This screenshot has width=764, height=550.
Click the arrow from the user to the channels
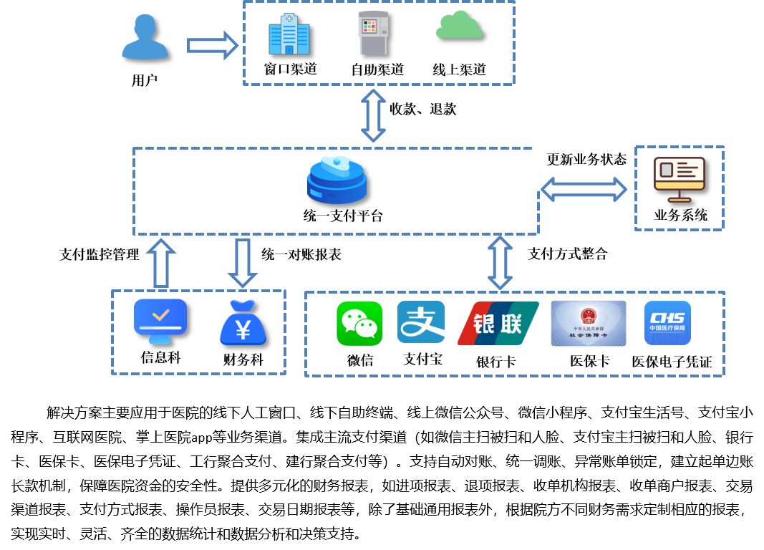(212, 45)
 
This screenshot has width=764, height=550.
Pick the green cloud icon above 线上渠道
(458, 26)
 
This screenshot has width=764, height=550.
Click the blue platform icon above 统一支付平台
(335, 181)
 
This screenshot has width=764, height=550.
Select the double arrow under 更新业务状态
(583, 190)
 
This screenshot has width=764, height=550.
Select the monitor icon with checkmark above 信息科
(160, 322)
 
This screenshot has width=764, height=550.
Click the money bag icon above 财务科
(243, 324)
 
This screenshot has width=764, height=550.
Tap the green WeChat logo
(360, 324)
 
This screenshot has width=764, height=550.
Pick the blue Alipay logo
(420, 323)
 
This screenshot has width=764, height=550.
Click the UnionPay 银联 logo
(498, 324)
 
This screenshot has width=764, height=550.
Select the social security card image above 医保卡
(588, 324)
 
